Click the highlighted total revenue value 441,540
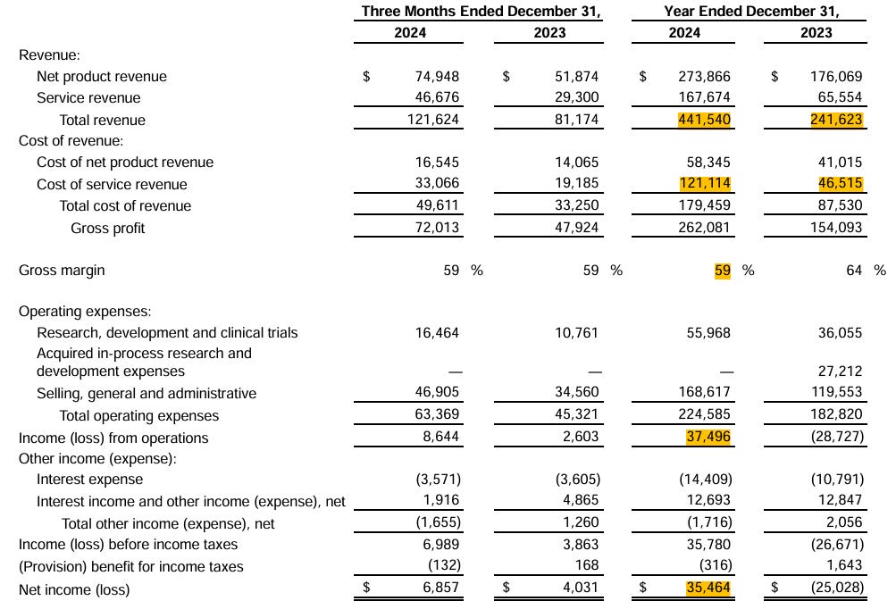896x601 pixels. [x=704, y=120]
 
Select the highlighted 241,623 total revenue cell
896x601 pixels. [x=837, y=120]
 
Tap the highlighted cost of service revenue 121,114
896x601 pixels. [x=704, y=184]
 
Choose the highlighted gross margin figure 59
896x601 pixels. [x=722, y=270]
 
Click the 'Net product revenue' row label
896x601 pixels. [x=101, y=76]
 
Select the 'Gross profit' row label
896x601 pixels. [x=107, y=228]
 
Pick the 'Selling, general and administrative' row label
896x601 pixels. [x=146, y=393]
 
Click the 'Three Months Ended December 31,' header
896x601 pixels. [x=480, y=12]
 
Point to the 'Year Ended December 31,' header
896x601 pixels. [x=751, y=12]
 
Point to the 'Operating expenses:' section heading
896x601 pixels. [x=85, y=312]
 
